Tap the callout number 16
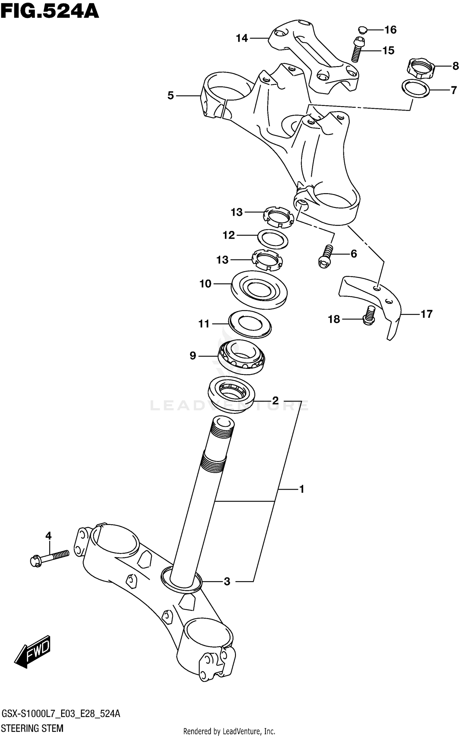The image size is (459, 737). [390, 30]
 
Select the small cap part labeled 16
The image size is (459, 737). [362, 30]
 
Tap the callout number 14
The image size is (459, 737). [242, 39]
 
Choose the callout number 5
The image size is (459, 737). [170, 96]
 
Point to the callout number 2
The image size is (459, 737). [275, 400]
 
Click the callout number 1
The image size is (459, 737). [301, 489]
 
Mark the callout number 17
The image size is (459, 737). [426, 314]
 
